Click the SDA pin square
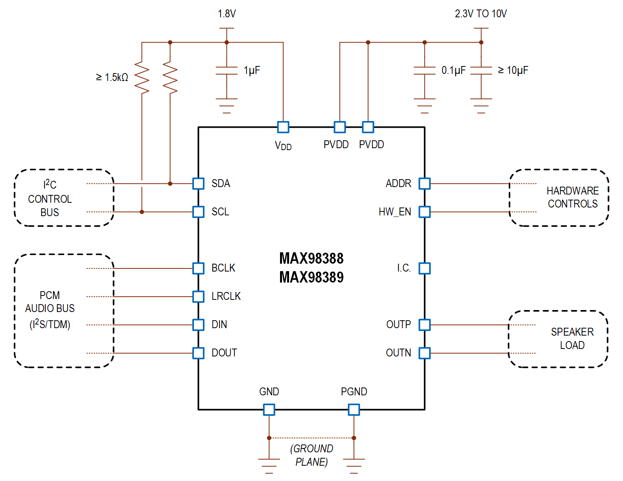tap(198, 184)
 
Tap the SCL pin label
tap(220, 212)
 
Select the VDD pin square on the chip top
tap(283, 127)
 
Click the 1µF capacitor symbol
tap(227, 71)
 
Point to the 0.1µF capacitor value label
tap(453, 70)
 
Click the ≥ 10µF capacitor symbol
tap(481, 71)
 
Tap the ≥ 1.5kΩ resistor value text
tap(112, 77)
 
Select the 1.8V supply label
tap(227, 14)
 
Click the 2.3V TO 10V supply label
tap(481, 14)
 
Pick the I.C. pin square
tap(424, 268)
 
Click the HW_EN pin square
tap(424, 212)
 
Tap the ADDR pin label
tap(398, 184)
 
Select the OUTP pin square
tap(424, 325)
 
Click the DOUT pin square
tap(198, 353)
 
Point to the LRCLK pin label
tap(226, 296)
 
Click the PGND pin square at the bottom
tap(354, 409)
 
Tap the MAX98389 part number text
tap(311, 277)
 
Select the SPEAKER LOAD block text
tap(572, 338)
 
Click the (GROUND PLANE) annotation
tap(311, 455)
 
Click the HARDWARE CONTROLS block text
tap(572, 197)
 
